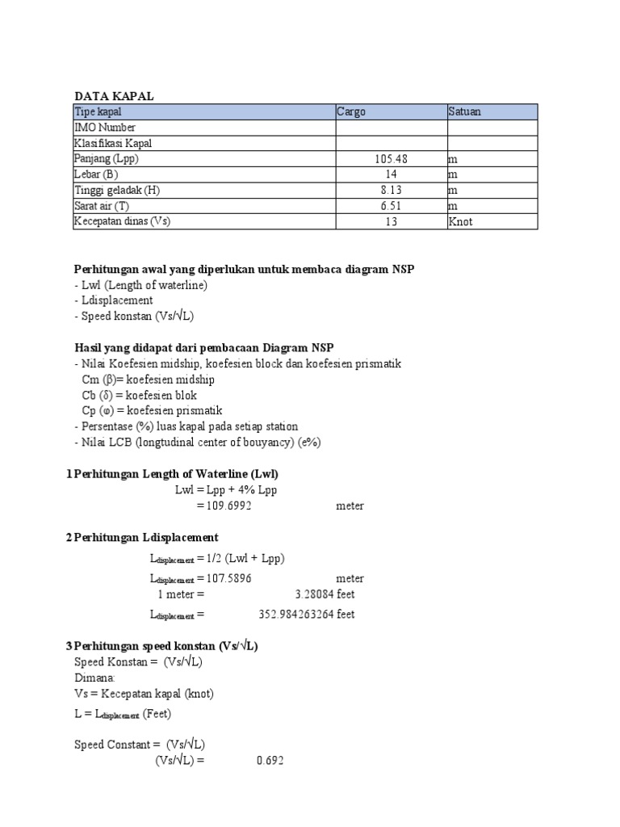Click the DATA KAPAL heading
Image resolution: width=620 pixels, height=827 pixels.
(x=114, y=96)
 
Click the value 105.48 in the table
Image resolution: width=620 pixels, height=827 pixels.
(x=391, y=159)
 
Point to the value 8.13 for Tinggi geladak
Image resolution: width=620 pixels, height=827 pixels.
(x=391, y=190)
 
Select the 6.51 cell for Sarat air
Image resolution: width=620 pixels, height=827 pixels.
(x=391, y=206)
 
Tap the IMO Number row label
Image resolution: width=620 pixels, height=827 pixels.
(x=105, y=128)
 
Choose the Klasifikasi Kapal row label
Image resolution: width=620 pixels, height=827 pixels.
(x=113, y=143)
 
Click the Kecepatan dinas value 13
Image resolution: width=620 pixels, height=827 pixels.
(x=391, y=221)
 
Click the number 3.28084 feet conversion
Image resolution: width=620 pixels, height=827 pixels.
(x=325, y=594)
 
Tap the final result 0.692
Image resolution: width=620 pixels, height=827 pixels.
(x=270, y=761)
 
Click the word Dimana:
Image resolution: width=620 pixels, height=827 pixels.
(x=94, y=678)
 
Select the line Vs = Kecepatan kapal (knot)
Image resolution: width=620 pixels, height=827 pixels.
(x=144, y=694)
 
